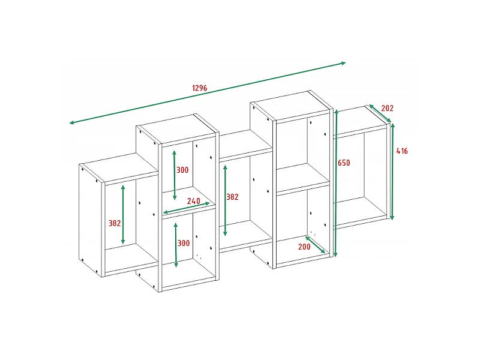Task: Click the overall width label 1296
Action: (200, 88)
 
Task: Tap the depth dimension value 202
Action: (387, 108)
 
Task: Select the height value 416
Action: (402, 151)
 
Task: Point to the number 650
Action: (344, 163)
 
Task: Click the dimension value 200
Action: (304, 247)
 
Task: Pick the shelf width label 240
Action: (193, 201)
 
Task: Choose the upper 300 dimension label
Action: (182, 170)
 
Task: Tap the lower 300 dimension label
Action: (184, 243)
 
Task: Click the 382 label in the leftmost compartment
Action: (115, 223)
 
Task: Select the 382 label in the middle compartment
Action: (232, 197)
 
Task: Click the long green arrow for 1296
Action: (208, 93)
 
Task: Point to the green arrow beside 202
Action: (380, 113)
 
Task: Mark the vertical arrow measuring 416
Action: (392, 172)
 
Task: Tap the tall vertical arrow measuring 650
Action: (336, 183)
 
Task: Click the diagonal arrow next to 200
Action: (316, 245)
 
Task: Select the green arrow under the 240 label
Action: (187, 208)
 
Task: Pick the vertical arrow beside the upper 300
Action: (175, 175)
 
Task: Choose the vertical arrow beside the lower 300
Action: (176, 245)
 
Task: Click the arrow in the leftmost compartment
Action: (123, 214)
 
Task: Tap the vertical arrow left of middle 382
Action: (226, 200)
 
